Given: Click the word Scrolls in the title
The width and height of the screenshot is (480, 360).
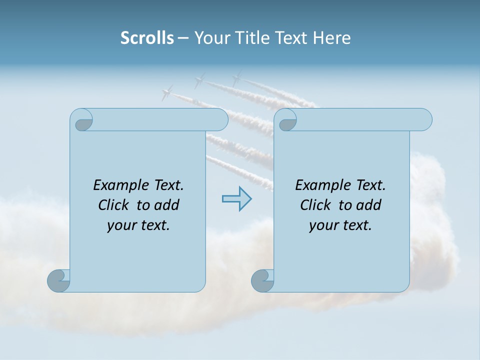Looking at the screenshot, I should point(147,38).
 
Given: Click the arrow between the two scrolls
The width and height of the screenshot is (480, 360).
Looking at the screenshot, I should point(236,198).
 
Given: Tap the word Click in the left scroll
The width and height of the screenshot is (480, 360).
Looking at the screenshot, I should point(114,205).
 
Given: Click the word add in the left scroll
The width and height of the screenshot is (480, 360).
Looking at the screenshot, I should point(166,205).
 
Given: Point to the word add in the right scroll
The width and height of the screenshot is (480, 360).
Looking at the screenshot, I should point(368,205).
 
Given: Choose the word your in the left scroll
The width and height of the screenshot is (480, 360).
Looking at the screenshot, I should point(120,225).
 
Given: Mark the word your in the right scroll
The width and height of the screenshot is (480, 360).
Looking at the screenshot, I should point(322,225).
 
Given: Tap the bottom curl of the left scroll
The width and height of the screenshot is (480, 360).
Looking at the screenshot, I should point(59,280).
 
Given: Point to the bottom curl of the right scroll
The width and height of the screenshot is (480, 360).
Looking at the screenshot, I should point(263,280).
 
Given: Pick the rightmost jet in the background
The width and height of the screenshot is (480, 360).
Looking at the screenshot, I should point(236,78).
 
